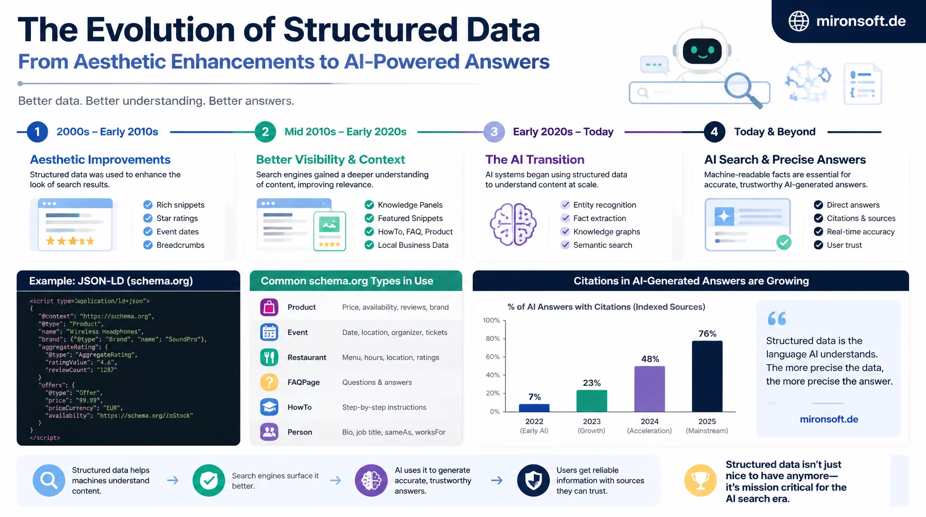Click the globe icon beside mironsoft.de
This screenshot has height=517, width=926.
799,21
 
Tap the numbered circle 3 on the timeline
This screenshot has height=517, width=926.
494,132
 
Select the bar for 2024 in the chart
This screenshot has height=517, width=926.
650,389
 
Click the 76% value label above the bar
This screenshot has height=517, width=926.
708,334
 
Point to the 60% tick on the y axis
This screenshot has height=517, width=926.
492,357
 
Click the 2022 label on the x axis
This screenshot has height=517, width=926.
534,422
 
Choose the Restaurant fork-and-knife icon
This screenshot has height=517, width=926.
269,357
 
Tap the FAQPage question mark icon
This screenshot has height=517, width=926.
269,382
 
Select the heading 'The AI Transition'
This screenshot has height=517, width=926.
535,160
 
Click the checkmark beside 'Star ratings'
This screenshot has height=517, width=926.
148,218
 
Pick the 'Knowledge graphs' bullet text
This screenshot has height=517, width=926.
607,232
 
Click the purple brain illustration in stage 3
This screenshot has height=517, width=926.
513,225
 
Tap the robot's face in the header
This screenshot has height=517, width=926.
702,51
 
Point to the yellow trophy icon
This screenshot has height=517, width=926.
700,480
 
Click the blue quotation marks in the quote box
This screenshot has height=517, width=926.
777,318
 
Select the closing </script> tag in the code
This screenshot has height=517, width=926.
45,438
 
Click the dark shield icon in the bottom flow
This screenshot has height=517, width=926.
533,480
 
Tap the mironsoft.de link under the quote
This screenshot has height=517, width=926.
829,420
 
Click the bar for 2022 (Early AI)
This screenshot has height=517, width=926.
534,408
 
